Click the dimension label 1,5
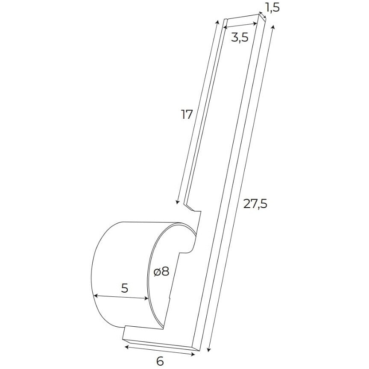[272, 7]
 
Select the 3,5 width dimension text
[240, 38]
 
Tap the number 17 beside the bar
[187, 114]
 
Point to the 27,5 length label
[255, 204]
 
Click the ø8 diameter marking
[161, 272]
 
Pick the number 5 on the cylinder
[124, 288]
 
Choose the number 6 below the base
[160, 361]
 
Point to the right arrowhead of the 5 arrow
[147, 299]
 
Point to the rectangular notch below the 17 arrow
[193, 208]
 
